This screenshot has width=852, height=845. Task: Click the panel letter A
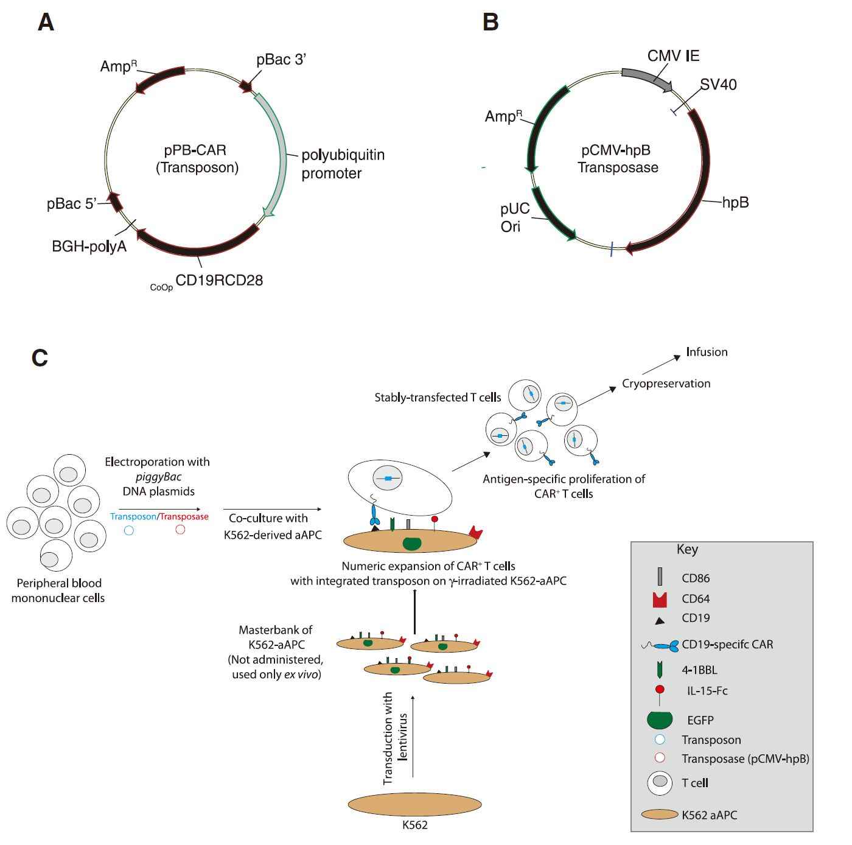(46, 23)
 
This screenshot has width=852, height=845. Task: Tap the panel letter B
(490, 23)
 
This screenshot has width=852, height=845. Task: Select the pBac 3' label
(280, 60)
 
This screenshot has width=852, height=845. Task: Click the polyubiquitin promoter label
(343, 164)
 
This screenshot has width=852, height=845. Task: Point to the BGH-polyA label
(89, 247)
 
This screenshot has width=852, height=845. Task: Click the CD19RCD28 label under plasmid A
(218, 280)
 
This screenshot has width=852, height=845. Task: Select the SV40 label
(718, 85)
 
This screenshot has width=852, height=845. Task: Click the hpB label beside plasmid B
(735, 203)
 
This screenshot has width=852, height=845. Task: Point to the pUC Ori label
(515, 218)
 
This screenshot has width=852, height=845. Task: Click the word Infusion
(707, 352)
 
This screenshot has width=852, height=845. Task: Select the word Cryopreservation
(666, 384)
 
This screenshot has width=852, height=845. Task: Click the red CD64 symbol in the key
(660, 600)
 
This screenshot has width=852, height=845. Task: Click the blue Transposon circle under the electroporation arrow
(129, 530)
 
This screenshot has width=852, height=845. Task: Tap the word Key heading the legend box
(687, 549)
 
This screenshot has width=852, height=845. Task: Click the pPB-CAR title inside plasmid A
(195, 150)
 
